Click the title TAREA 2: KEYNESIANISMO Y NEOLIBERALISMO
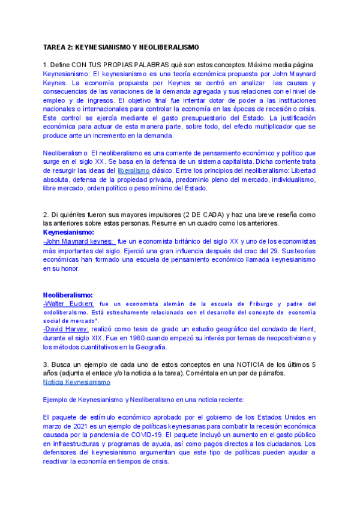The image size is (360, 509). [121, 47]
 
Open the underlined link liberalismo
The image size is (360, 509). [133, 170]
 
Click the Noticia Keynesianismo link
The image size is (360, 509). [77, 382]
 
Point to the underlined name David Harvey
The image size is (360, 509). [66, 330]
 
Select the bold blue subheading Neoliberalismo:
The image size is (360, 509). [68, 295]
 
